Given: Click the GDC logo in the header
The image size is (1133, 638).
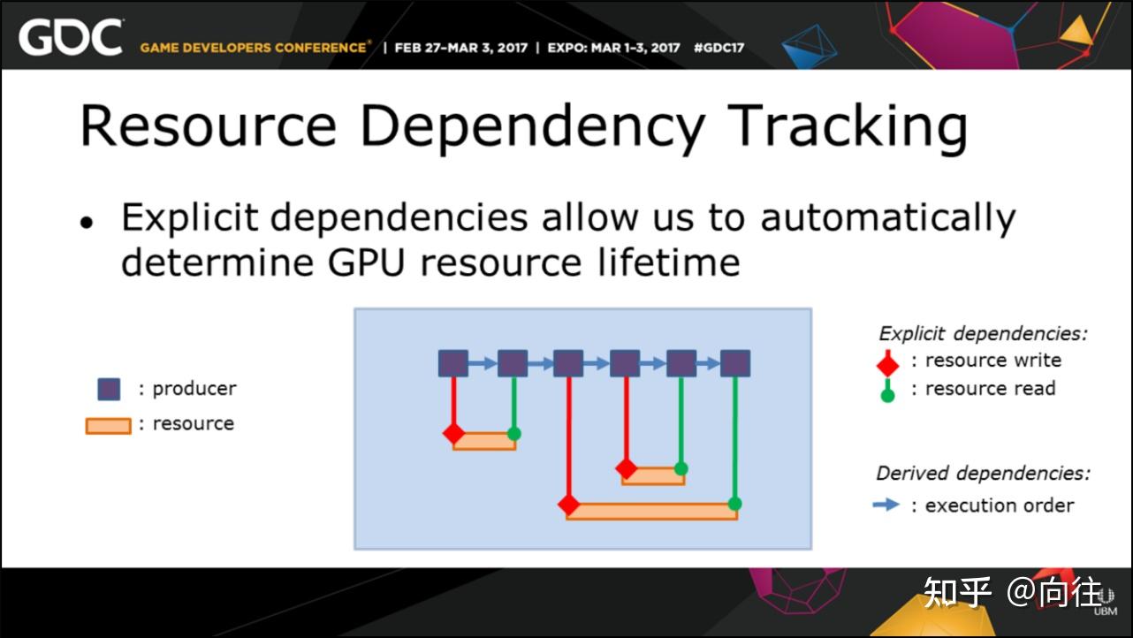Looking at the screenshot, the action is click(x=71, y=37).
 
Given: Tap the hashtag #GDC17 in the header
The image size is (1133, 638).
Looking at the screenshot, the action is click(x=719, y=48).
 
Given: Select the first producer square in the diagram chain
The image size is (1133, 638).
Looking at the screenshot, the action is click(x=453, y=363).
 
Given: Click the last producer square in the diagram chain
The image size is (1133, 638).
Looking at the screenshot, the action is click(x=735, y=363).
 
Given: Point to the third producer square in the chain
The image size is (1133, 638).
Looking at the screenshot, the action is click(x=568, y=363).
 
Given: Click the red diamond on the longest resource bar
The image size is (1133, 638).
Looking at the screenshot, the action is click(x=568, y=505).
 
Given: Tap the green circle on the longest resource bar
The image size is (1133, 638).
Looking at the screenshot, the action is click(x=735, y=504).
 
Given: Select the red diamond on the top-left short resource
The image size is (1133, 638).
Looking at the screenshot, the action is click(x=453, y=433).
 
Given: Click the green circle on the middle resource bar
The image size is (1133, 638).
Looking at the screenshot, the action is click(x=681, y=468).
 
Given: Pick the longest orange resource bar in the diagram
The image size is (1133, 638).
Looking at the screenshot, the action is click(x=652, y=511).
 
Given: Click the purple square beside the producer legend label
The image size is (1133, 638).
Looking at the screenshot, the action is click(x=109, y=390).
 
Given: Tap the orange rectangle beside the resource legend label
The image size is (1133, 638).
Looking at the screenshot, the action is click(x=108, y=426).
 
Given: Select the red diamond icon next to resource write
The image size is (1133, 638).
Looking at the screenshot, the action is click(x=887, y=363).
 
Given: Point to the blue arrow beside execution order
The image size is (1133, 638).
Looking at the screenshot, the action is click(x=886, y=505).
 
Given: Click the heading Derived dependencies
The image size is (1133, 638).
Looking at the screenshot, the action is click(x=983, y=474).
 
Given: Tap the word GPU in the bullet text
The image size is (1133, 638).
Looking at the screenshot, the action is click(x=367, y=262).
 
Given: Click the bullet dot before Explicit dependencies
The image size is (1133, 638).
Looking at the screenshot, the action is click(x=87, y=223).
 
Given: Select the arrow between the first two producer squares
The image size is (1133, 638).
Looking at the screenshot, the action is click(x=483, y=363).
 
